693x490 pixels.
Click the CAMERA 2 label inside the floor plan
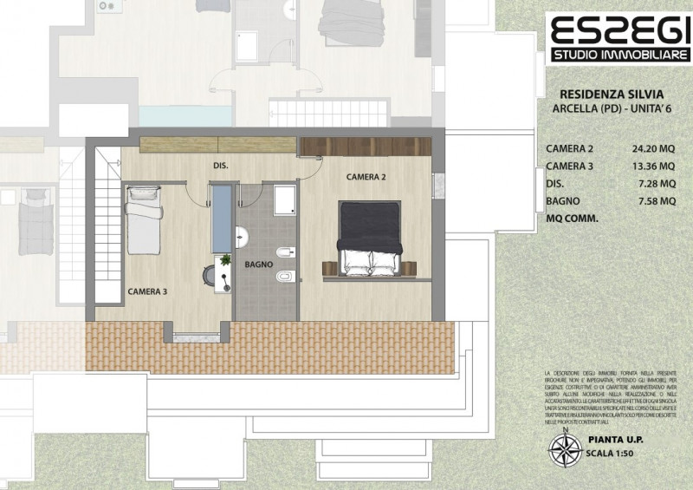[366, 176]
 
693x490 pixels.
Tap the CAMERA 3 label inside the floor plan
[147, 291]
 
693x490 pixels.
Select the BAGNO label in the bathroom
[258, 263]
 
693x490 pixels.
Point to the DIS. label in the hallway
[221, 165]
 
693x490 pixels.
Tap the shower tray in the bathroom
[283, 199]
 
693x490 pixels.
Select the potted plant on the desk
[226, 259]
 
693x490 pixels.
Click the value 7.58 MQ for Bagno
[655, 200]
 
